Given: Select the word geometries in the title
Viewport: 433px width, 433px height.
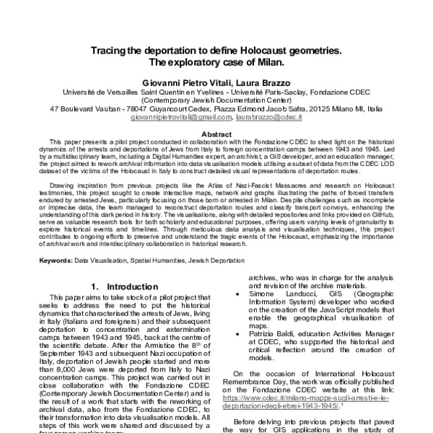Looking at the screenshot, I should coord(312,51).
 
